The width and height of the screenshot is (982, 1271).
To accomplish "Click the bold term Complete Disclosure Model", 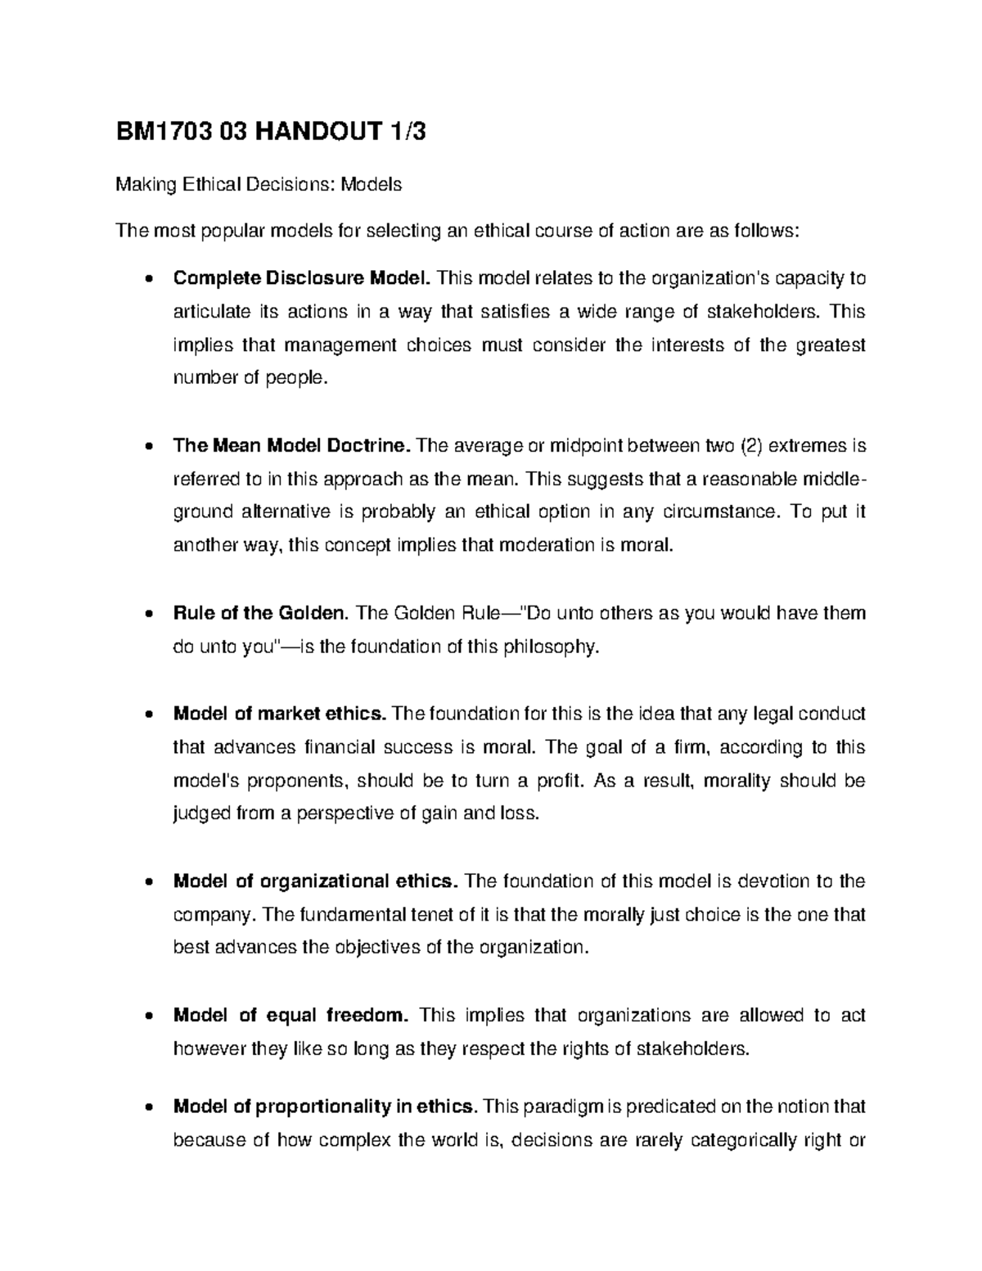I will click(x=301, y=278).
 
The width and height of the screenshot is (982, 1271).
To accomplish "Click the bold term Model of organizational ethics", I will click(x=315, y=881).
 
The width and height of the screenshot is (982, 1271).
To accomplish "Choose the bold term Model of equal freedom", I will click(x=290, y=1016).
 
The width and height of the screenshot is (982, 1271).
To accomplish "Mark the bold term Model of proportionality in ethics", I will click(x=324, y=1107).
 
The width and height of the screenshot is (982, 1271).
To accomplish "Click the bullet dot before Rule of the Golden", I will click(x=146, y=614).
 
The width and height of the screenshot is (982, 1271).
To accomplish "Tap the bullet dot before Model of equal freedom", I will click(x=146, y=1016).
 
